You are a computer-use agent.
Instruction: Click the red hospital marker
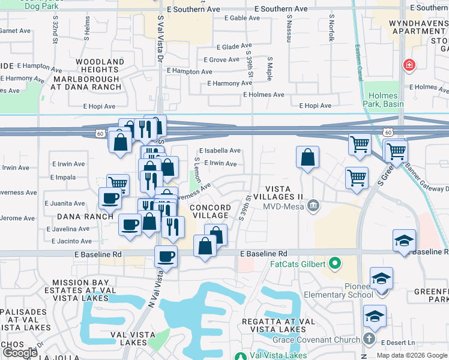[409, 64]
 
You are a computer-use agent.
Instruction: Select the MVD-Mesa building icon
[313, 206]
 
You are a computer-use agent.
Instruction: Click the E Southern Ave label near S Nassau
[281, 10]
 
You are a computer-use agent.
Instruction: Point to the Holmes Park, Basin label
[384, 100]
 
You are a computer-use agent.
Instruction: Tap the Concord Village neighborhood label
[209, 211]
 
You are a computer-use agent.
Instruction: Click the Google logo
[20, 352]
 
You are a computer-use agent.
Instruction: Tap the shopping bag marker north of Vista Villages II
[307, 158]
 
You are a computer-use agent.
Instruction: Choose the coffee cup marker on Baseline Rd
[166, 257]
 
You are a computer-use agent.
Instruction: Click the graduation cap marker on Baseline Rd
[405, 241]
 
